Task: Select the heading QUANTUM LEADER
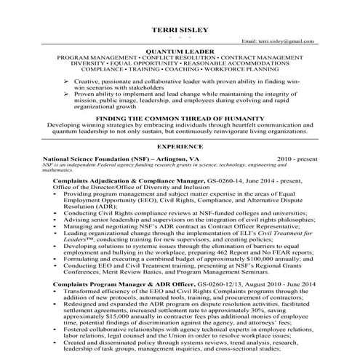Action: click(180, 52)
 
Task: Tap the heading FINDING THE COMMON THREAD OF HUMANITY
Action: click(180, 118)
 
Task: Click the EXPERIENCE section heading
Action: click(180, 146)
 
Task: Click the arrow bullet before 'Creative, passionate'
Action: click(68, 84)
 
